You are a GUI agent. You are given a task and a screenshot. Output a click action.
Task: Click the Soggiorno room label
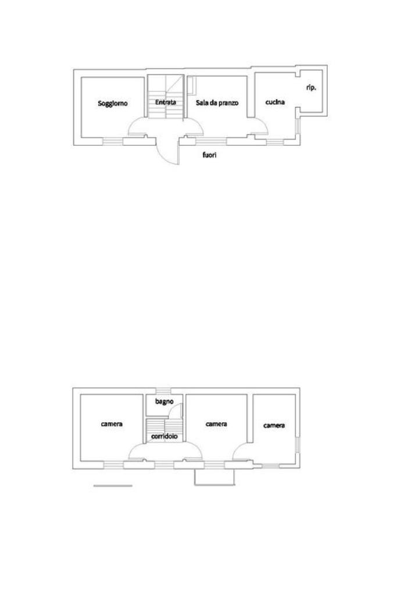coord(113,104)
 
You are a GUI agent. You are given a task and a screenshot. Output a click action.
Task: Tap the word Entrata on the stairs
coord(166,102)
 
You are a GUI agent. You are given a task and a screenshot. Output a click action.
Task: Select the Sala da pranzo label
coord(217,103)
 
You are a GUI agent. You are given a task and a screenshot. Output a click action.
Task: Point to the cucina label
coord(275,102)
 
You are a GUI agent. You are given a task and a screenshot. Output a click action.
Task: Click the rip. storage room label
coord(311,88)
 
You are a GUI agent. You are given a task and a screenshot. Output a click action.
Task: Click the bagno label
coord(164,401)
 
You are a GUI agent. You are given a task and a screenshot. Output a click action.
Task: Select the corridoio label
coord(164,436)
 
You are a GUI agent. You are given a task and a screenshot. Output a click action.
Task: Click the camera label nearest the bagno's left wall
coord(112,424)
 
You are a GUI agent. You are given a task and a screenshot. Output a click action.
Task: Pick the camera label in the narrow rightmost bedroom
coord(274,426)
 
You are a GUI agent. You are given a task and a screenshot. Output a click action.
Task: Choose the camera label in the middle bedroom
coord(216,424)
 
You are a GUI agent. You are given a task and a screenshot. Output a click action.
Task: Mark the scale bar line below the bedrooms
coord(113,485)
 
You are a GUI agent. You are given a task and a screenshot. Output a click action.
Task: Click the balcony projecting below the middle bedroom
coord(214,477)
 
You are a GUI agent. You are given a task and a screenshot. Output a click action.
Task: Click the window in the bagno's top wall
coord(164,390)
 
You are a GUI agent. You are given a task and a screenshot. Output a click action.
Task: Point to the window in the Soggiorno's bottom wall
coord(113,141)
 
